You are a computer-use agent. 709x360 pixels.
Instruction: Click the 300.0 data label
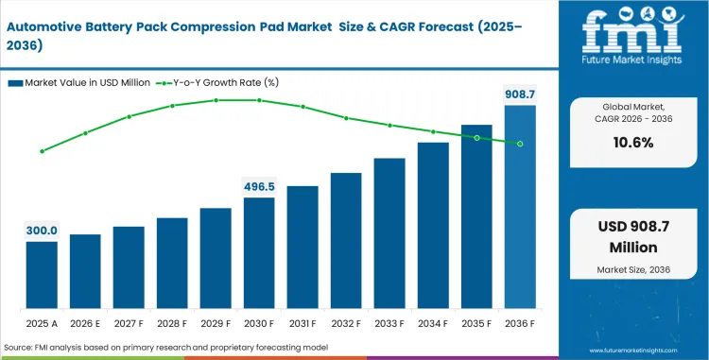(x=42, y=231)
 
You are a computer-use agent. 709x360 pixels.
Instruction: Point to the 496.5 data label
(x=259, y=186)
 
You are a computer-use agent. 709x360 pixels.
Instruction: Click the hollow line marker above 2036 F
(x=520, y=144)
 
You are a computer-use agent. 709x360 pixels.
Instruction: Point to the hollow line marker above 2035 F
(x=476, y=138)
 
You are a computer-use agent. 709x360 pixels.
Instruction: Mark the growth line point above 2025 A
(x=42, y=151)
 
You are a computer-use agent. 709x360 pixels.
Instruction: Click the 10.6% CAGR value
(x=634, y=143)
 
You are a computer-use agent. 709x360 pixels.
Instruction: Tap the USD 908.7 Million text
(x=634, y=238)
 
